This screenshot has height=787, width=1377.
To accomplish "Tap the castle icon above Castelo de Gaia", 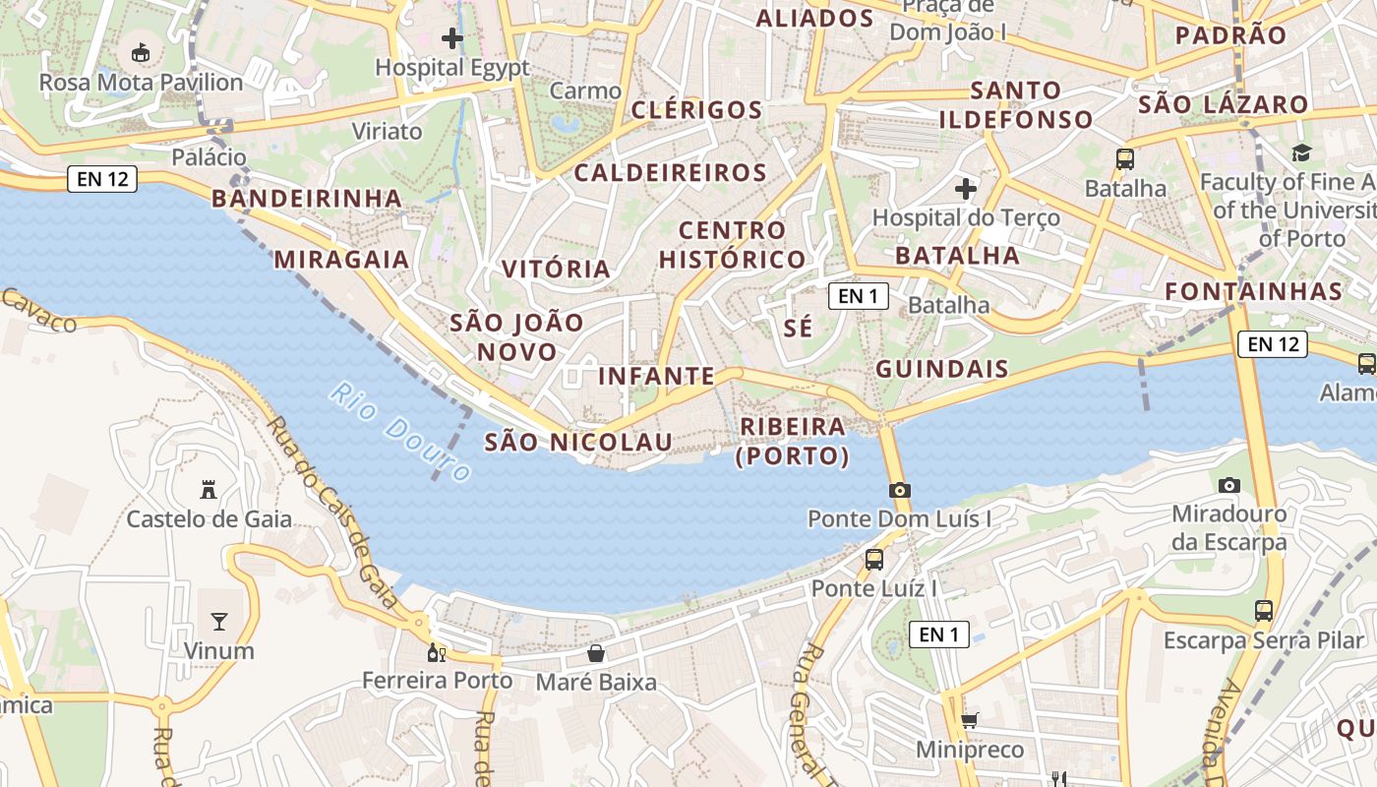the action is click(x=209, y=489).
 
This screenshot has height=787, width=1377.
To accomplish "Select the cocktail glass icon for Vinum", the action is click(x=218, y=621).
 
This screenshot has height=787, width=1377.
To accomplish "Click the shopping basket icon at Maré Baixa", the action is click(x=596, y=652).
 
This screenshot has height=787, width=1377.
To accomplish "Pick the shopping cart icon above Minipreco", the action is click(x=970, y=720).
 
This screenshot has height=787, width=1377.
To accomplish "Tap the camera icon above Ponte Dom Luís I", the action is click(x=899, y=490).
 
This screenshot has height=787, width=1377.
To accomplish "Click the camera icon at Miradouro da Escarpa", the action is click(x=1228, y=485).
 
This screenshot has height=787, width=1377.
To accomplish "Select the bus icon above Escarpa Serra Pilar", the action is click(x=1264, y=611).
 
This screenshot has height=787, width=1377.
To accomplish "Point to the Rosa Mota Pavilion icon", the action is click(x=141, y=52).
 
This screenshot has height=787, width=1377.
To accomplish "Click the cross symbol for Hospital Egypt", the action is click(x=452, y=39).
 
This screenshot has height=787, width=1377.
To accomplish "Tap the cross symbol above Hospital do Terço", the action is click(x=966, y=188).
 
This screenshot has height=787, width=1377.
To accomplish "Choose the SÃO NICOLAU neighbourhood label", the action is click(x=578, y=443).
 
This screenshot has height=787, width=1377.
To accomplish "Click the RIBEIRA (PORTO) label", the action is click(x=793, y=441).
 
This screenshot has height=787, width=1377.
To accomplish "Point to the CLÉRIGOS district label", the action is click(x=697, y=109).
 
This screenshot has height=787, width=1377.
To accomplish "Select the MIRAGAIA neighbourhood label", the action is click(x=341, y=259).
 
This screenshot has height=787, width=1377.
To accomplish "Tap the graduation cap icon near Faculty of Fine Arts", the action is click(x=1301, y=152).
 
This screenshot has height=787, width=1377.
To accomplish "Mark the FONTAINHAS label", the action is click(x=1253, y=291).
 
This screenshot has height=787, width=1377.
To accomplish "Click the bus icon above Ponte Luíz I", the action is click(x=873, y=560).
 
